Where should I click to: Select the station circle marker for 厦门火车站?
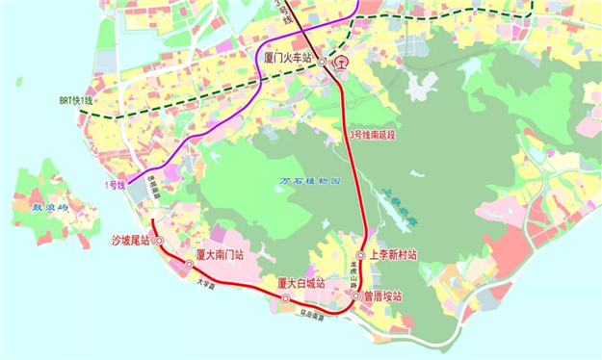322,60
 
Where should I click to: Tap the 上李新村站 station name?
395,255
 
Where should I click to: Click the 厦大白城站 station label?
301,283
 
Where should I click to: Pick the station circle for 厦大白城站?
285,298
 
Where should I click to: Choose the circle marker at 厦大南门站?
189,262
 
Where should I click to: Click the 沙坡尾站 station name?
131,242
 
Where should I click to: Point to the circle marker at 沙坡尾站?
160,241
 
